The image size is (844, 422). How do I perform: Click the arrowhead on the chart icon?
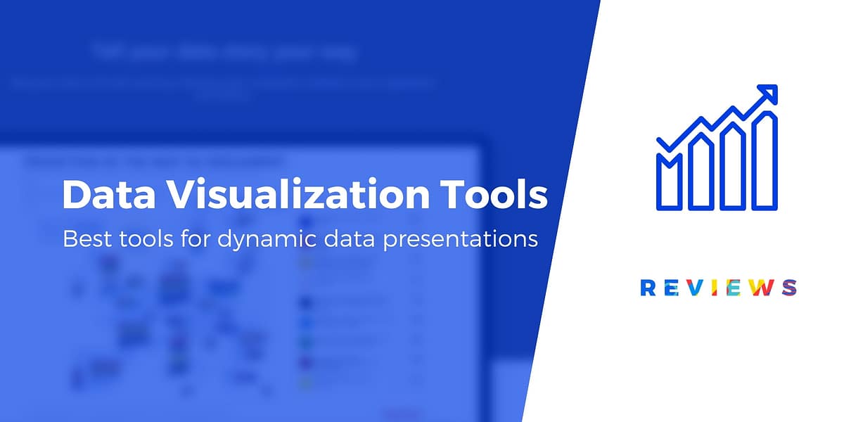pos(769,94)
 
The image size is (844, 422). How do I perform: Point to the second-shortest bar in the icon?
pos(700,172)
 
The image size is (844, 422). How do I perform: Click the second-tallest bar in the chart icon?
pos(731,168)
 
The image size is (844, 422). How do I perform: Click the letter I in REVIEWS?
pos(708,287)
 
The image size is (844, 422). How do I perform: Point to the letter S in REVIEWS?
pos(789,287)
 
